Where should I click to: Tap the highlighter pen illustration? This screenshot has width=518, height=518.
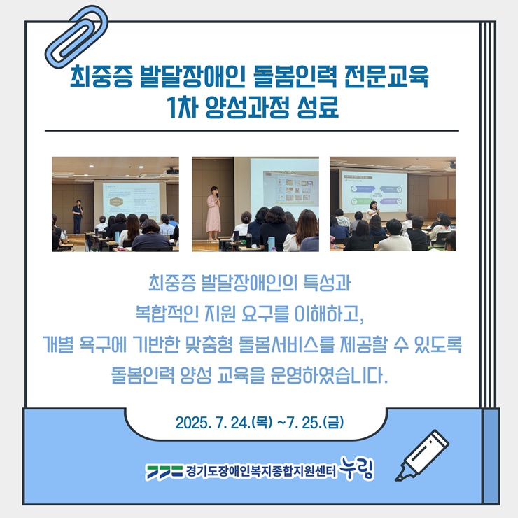pos(422,455)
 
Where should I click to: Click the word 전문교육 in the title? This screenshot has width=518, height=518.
pos(386,76)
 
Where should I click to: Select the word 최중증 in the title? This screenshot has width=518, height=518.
pos(101,76)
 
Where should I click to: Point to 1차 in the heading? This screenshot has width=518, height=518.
pos(183,106)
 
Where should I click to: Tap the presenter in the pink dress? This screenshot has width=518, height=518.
pos(213,213)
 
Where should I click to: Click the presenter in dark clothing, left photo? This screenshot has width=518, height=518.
pos(77,216)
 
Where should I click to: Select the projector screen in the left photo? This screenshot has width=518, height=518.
pos(131,201)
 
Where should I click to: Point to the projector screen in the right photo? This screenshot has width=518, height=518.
pos(374,191)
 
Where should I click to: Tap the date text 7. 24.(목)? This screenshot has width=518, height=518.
pos(244,423)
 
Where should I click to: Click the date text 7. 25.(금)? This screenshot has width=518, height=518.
pos(315,423)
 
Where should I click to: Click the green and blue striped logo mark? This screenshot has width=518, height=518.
pos(164,472)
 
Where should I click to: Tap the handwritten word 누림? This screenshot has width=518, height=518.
pos(357,468)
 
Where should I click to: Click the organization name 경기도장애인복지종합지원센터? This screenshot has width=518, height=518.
pos(261,472)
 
